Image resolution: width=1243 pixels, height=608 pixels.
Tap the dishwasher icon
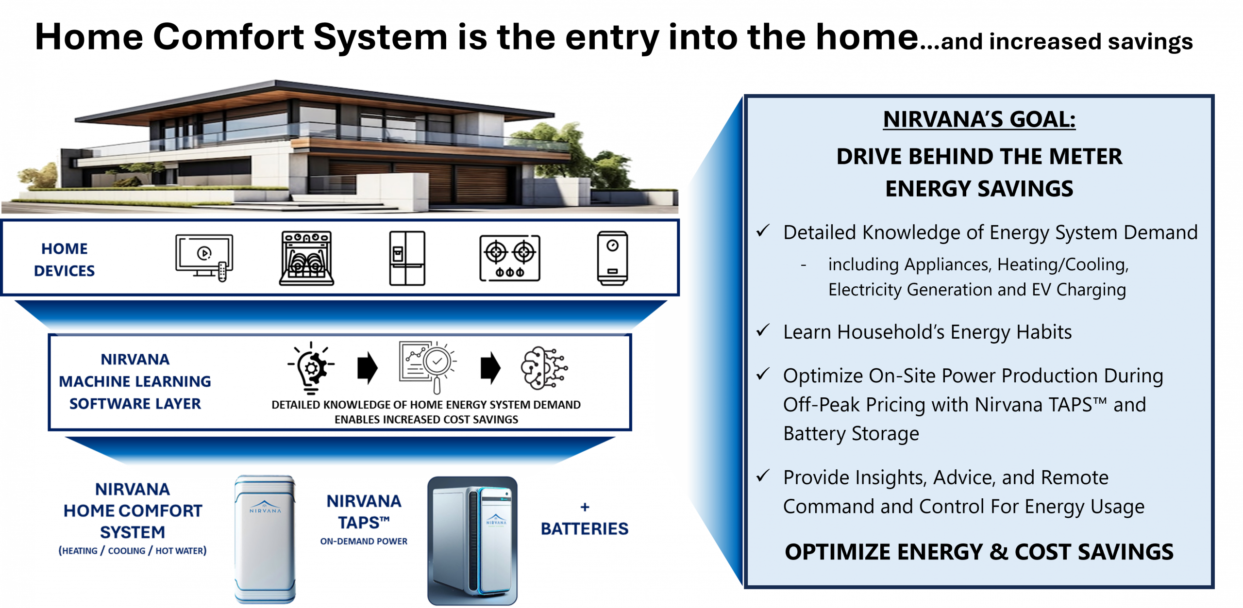(x=306, y=258)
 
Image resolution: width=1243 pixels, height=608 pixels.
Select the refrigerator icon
(x=407, y=258)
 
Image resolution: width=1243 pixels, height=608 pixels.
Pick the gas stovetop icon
(x=509, y=258)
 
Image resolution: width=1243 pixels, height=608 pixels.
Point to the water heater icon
(x=612, y=258)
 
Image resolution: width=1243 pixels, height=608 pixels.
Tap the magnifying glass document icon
(x=427, y=366)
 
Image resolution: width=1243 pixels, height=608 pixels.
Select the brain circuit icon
(x=544, y=368)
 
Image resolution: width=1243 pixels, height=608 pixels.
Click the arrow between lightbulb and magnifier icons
(x=368, y=368)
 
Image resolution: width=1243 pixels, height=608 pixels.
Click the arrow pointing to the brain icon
(x=490, y=368)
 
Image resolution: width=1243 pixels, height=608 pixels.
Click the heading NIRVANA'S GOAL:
(x=979, y=119)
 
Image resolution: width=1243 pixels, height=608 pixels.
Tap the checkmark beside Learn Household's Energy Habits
(x=763, y=331)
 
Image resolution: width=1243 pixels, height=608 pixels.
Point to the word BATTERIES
(x=584, y=529)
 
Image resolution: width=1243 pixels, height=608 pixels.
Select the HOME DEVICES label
(x=65, y=260)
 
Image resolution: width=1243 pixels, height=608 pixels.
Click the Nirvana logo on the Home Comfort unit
(x=265, y=507)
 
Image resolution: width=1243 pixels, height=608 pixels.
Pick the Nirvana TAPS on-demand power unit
(x=472, y=541)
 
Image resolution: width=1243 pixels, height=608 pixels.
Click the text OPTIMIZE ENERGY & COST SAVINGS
(x=979, y=552)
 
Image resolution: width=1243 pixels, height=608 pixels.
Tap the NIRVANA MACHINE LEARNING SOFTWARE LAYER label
(x=135, y=381)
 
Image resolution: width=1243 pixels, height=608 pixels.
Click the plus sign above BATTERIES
(x=585, y=508)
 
